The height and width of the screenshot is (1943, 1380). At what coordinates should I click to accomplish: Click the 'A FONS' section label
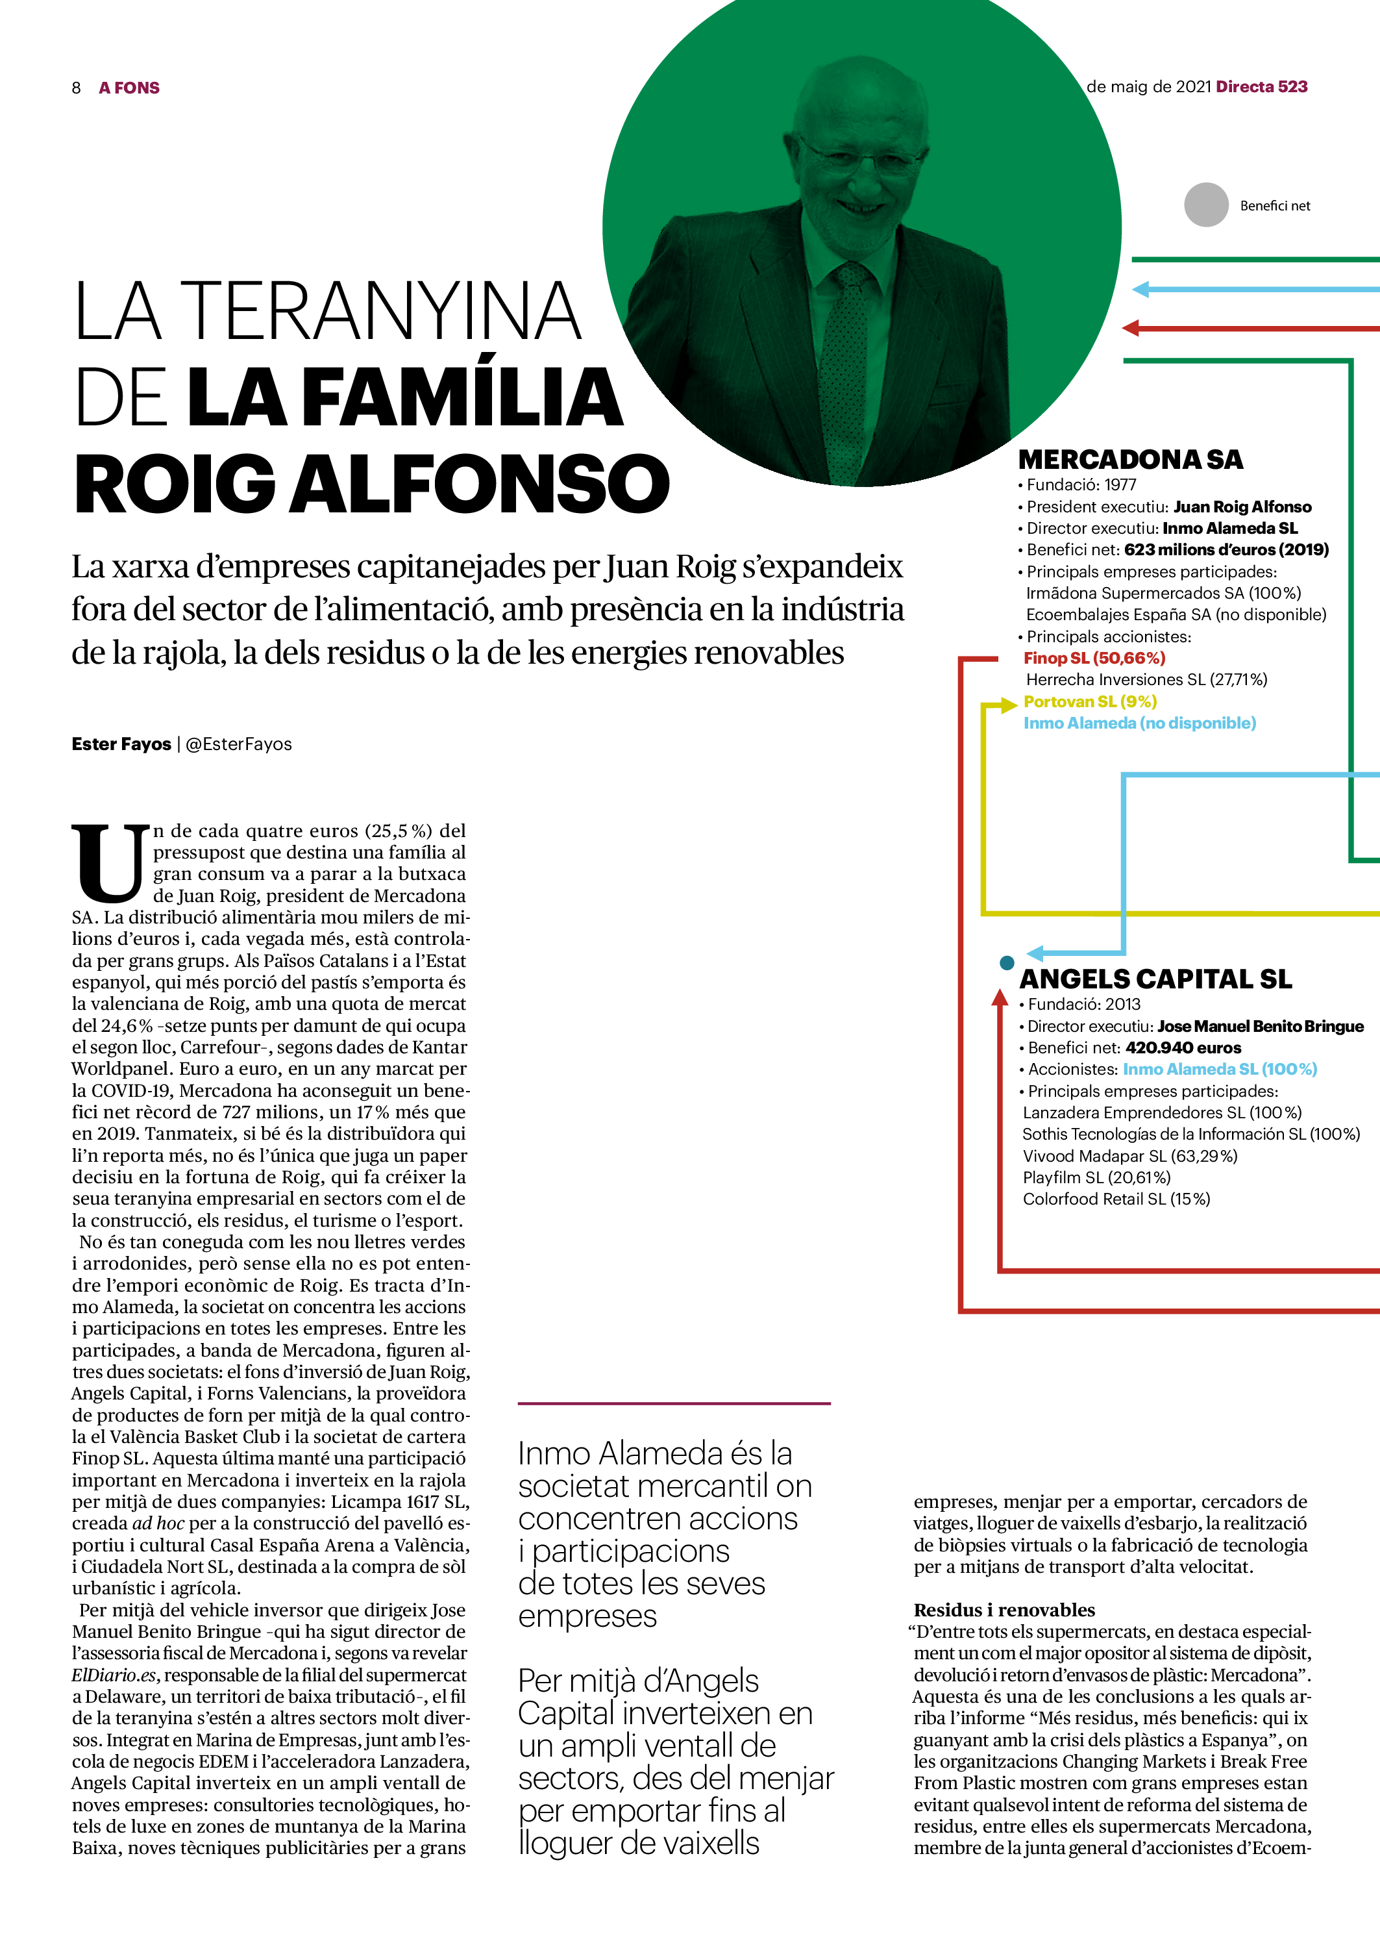tap(129, 88)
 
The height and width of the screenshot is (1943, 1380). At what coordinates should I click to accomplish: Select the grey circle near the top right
tap(1206, 205)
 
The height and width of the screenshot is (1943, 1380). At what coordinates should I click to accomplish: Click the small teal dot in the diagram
tap(1007, 962)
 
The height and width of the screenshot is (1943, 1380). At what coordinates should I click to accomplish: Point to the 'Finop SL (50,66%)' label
tap(1094, 658)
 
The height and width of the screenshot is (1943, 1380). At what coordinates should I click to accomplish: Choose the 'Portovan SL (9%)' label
tap(1089, 701)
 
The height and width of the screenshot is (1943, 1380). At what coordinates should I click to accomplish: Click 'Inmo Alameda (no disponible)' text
tap(1139, 723)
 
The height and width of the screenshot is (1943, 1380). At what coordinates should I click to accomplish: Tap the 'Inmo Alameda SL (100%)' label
tap(1220, 1070)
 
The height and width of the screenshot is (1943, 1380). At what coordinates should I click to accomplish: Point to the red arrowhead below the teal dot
tap(1000, 997)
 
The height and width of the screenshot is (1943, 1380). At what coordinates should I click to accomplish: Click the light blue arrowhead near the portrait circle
tap(1140, 290)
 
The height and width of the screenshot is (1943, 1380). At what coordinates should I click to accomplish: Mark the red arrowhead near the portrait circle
tap(1130, 328)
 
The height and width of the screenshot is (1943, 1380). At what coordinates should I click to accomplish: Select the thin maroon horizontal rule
tap(673, 1403)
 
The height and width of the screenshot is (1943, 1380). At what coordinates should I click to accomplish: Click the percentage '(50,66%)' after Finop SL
tap(1129, 658)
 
